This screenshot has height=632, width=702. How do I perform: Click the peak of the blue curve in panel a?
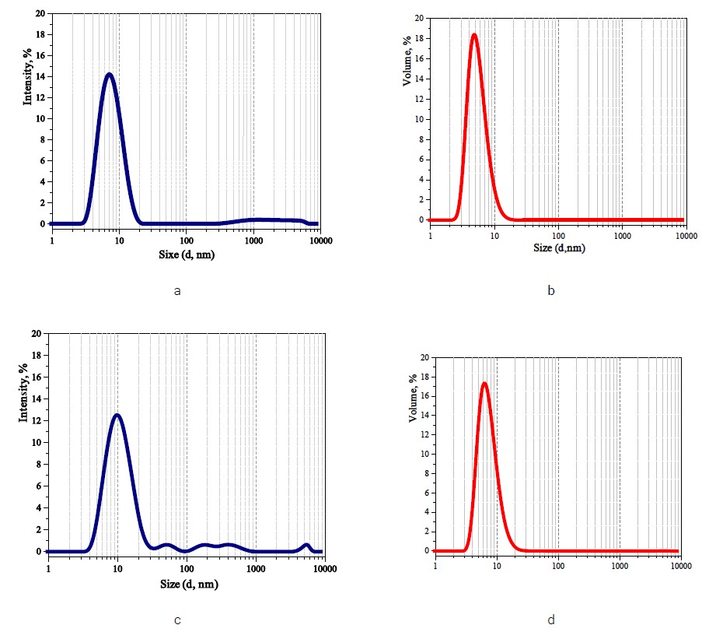tap(109, 75)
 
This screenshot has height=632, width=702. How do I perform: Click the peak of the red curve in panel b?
tap(473, 34)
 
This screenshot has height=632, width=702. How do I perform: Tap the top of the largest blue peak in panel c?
tap(117, 415)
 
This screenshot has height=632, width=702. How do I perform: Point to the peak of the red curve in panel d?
tap(484, 383)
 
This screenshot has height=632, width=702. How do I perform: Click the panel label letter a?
tap(178, 291)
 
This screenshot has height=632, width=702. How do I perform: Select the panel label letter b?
tap(551, 291)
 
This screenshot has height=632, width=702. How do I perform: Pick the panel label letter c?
tap(178, 620)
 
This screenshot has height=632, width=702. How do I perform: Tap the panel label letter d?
tap(551, 620)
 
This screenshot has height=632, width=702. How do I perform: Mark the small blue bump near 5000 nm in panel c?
tap(306, 546)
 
